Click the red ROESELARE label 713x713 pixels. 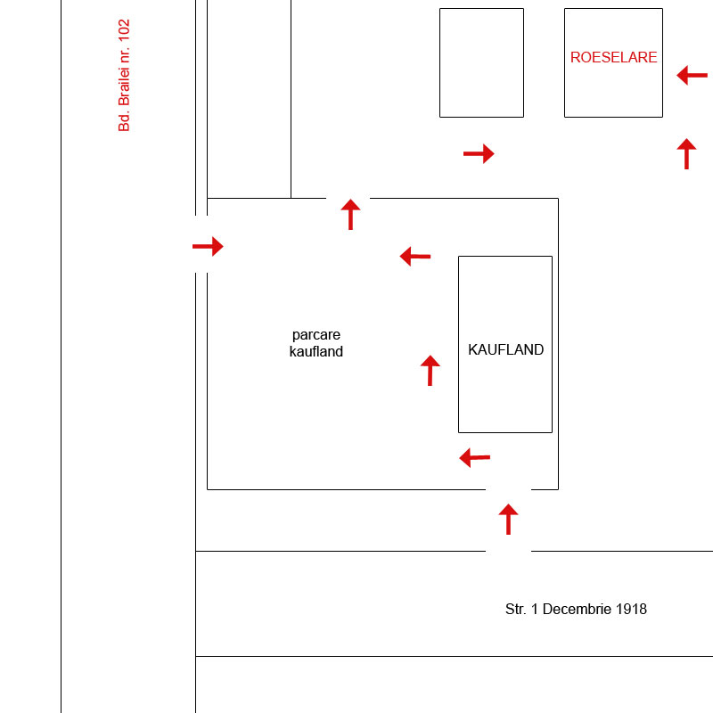coord(613,57)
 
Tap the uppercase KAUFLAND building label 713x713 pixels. coord(505,349)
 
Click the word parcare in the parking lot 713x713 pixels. coord(316,335)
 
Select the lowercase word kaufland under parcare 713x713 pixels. coord(316,351)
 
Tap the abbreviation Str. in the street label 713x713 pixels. coord(516,609)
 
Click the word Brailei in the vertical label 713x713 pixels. coord(124,86)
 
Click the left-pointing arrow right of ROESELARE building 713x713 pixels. coord(693,76)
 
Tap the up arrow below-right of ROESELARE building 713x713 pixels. coord(686,153)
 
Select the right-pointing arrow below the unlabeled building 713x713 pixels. coord(479,153)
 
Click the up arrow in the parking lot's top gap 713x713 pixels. coord(350,214)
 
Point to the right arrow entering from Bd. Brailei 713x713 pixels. coord(208,247)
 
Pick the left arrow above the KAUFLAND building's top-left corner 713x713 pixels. coord(415,257)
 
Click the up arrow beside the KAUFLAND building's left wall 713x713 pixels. coord(430,371)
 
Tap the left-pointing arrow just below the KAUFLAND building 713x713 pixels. coord(475,457)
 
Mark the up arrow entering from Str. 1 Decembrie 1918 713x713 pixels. coord(508,520)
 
